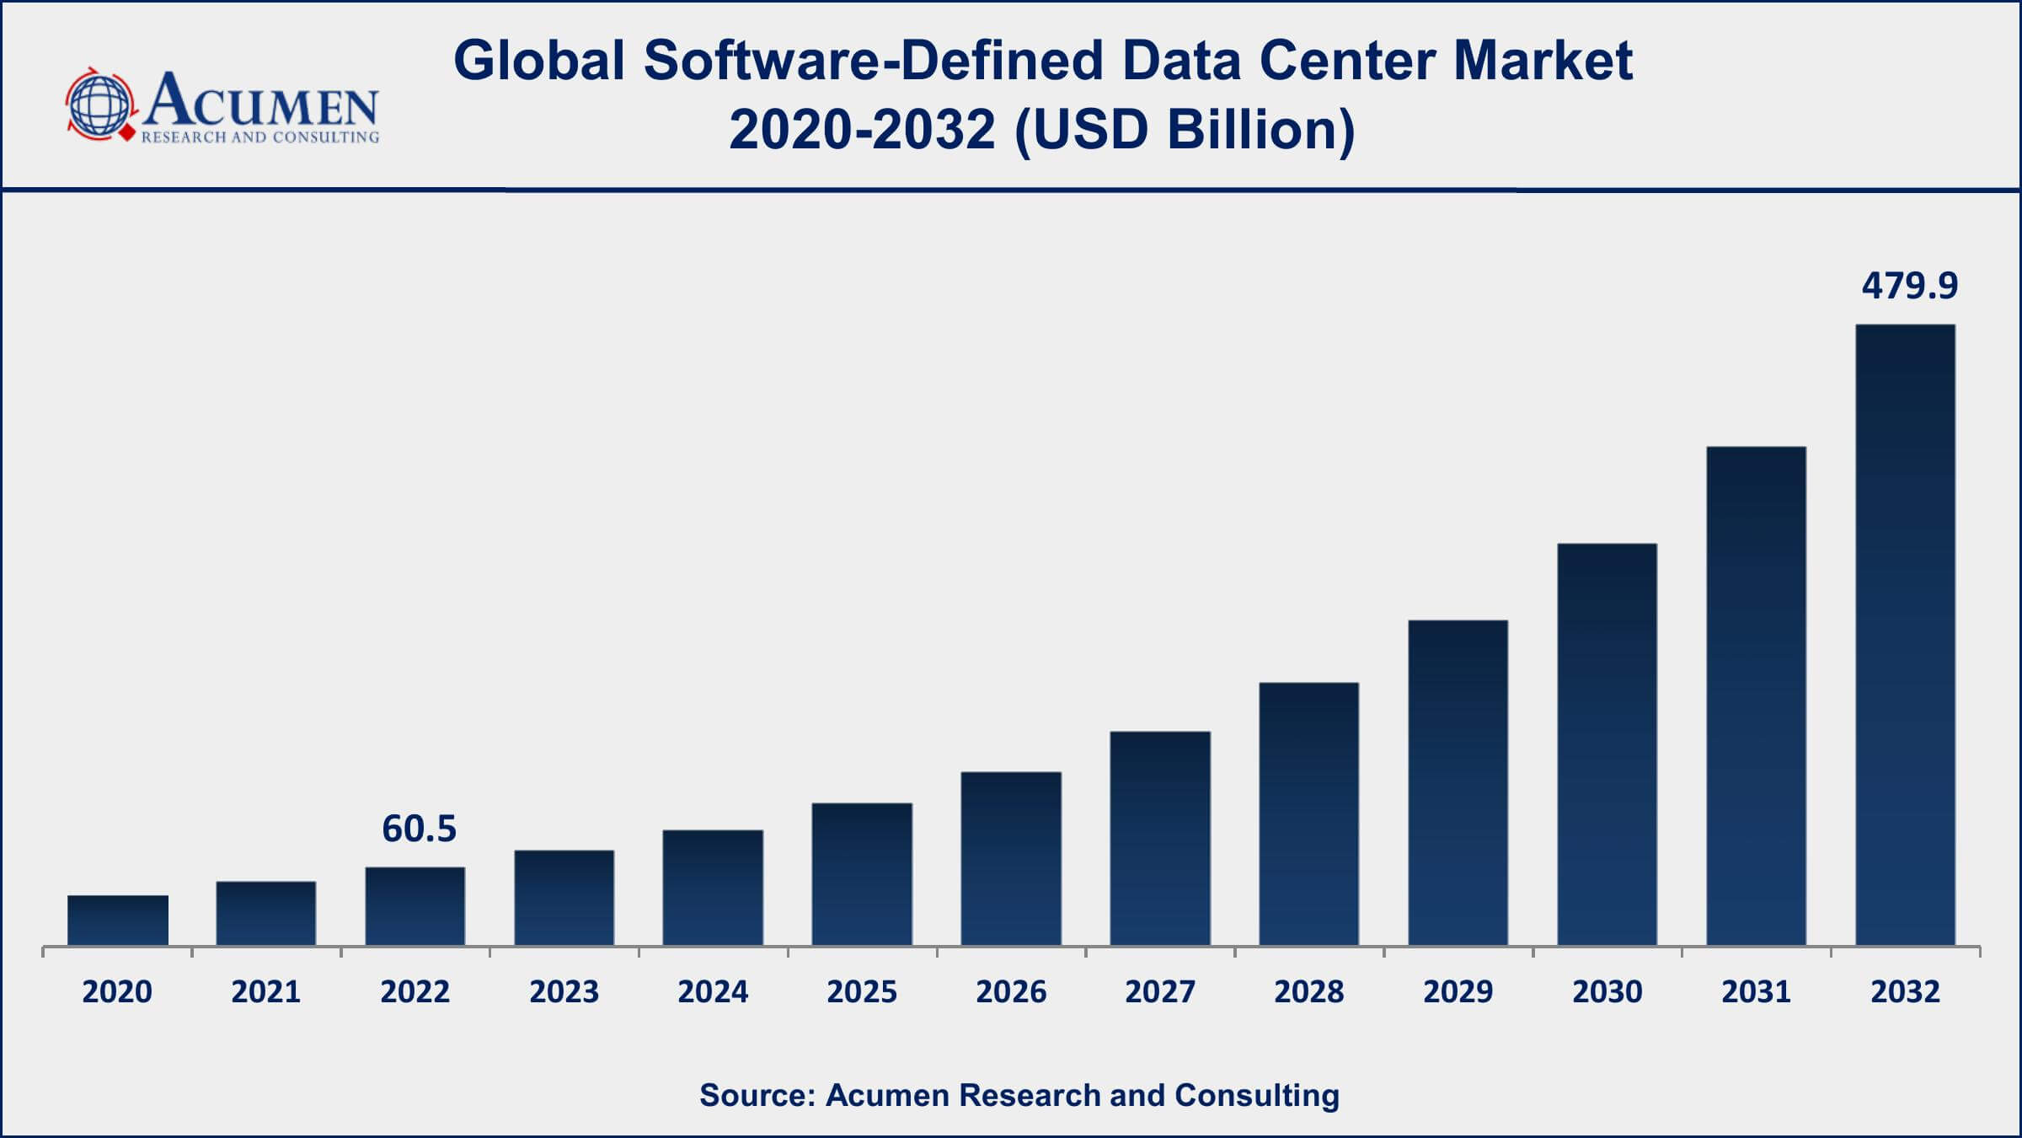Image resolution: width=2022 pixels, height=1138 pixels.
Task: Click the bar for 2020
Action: point(118,920)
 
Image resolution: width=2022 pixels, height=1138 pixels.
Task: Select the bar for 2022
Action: point(415,906)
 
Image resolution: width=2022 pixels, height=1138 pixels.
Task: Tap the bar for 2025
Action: point(862,874)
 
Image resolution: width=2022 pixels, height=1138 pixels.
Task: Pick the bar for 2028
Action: point(1308,813)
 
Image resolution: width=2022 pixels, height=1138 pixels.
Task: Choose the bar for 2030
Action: point(1607,744)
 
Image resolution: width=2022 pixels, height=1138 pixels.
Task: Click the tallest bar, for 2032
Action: point(1905,635)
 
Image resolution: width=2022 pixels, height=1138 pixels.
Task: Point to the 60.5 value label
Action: point(419,829)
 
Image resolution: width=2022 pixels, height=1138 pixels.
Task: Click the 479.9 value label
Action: point(1909,287)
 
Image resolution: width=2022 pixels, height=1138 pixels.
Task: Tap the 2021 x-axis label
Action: point(266,992)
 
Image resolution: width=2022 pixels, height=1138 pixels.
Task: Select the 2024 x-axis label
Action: point(713,992)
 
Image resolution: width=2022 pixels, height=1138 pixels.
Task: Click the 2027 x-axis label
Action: point(1160,992)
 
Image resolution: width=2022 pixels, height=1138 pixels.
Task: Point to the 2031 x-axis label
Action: point(1756,992)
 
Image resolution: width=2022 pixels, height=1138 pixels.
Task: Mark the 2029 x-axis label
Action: point(1458,992)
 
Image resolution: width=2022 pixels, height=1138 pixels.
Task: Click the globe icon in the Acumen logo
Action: point(100,105)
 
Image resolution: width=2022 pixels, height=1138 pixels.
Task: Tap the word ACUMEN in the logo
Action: point(261,101)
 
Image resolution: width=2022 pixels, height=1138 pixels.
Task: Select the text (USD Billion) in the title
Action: point(1185,131)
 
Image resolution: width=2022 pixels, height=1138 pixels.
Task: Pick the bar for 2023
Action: point(564,898)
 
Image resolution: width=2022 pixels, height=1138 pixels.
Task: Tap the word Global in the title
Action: point(539,62)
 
